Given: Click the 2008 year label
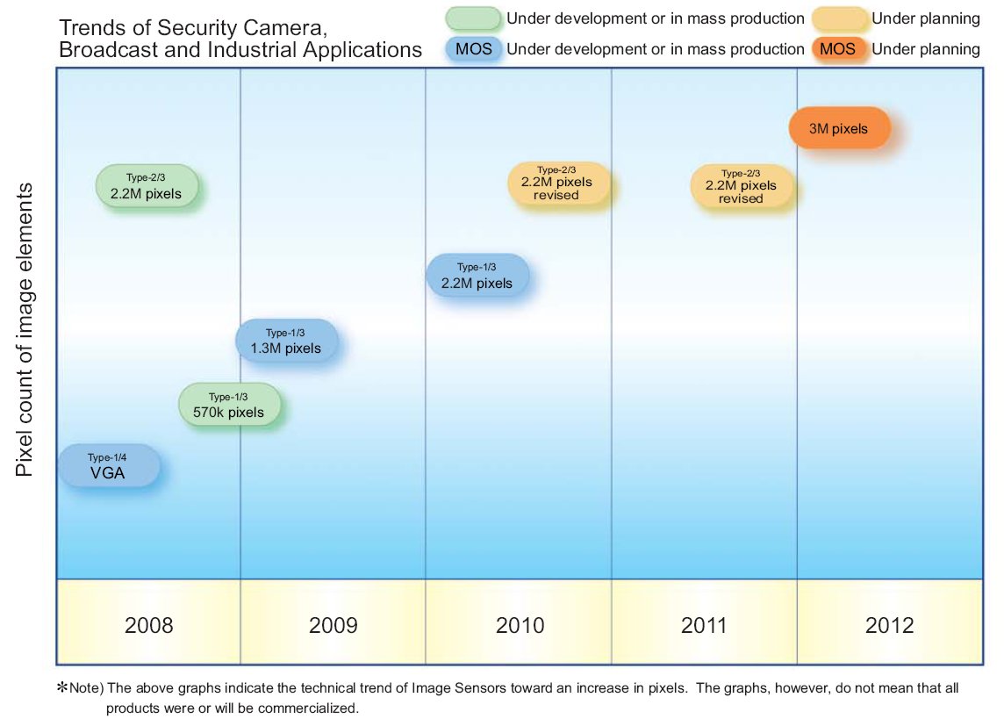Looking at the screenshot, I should (149, 626).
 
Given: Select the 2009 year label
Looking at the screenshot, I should (333, 626).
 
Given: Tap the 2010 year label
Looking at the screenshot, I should (520, 626).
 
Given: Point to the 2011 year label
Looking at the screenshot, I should (704, 626).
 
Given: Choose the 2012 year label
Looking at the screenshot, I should (889, 626).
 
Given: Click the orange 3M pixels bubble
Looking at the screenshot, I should (839, 129).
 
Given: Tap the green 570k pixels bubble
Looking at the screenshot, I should (232, 406).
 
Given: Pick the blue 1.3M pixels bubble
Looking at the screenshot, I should (287, 341).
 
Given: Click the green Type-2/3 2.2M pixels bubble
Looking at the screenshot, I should (147, 186).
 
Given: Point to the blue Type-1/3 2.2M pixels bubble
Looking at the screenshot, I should (477, 276).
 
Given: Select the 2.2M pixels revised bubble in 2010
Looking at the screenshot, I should (557, 183).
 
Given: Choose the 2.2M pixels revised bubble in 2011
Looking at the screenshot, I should (741, 187).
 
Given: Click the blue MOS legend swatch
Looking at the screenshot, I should (474, 49).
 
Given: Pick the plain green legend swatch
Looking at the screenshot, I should (474, 18).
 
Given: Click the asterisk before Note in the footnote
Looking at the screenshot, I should (62, 689).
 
